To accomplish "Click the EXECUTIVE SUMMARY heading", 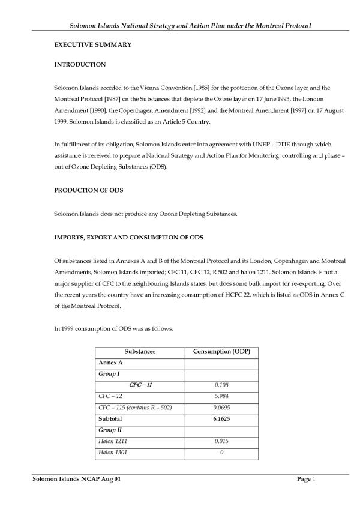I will coord(93,45).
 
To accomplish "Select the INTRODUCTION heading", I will coord(80,64).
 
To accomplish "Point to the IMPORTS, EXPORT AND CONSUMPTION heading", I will coord(128,238).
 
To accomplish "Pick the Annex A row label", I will coord(110,362).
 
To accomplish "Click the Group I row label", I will coord(109,373).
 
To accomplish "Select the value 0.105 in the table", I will coord(222,385).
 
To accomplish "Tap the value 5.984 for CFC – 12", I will coord(222,396).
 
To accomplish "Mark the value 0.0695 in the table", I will coord(222,408).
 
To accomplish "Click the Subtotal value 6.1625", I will coord(222,418).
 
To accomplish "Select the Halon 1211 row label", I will coord(112,441).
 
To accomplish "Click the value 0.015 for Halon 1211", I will coord(222,441).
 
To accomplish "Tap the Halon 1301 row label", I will coord(112,452).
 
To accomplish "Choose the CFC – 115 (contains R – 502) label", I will coord(134,408).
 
